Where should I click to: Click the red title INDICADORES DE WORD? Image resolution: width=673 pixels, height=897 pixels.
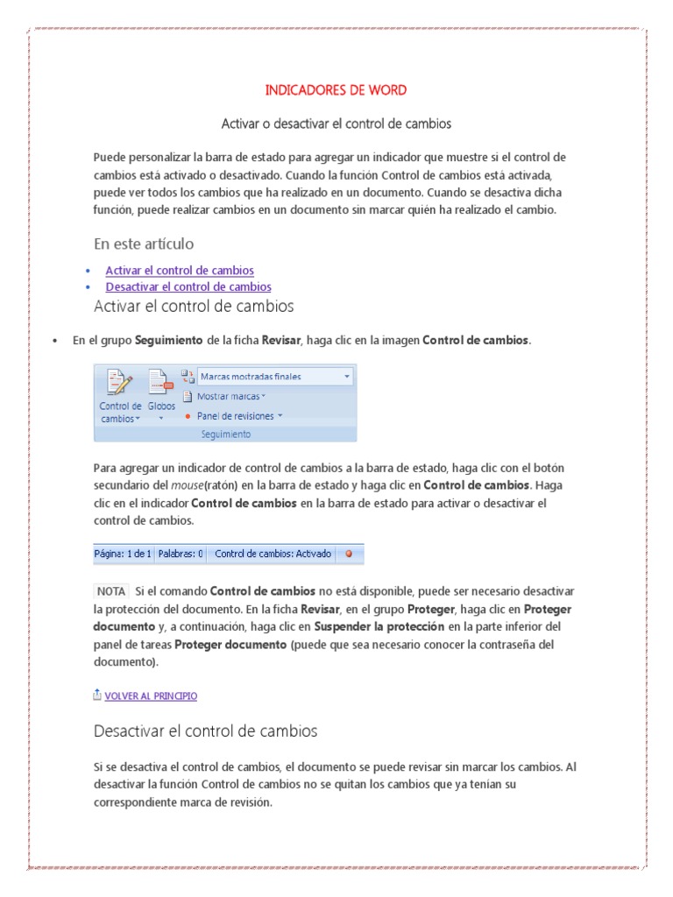[x=336, y=90]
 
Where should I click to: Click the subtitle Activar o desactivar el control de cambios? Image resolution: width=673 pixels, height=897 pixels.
[x=336, y=124]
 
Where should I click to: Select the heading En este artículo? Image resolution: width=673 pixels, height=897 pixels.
[x=144, y=244]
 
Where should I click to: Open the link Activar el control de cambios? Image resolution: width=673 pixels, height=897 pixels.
[x=180, y=271]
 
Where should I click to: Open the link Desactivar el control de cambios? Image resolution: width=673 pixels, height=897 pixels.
[x=188, y=286]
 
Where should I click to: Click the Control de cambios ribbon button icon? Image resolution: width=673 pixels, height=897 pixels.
[x=119, y=384]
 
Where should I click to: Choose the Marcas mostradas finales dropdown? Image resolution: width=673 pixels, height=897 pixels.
[x=274, y=377]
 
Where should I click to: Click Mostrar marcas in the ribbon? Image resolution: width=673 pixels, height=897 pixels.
[x=230, y=396]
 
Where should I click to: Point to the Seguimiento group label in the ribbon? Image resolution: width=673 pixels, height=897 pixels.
[x=224, y=434]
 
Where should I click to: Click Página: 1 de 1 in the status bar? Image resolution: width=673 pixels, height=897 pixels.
[x=124, y=554]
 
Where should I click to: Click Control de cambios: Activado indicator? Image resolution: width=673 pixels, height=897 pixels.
[x=273, y=554]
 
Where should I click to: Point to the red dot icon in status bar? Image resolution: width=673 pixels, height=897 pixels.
[x=349, y=554]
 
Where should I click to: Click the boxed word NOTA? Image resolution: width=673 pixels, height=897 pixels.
[x=110, y=591]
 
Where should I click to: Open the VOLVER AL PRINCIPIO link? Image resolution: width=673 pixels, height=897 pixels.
[x=150, y=696]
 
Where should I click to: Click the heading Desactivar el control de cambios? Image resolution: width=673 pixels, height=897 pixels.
[x=205, y=731]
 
